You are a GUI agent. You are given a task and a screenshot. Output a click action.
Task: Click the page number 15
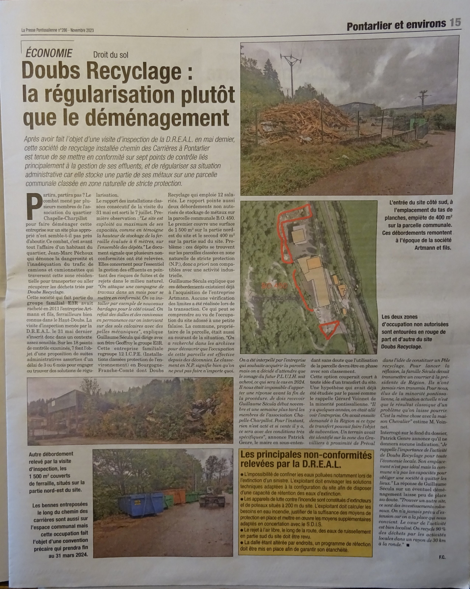click(455, 23)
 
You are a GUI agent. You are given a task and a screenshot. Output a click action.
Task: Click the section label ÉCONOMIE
click(49, 53)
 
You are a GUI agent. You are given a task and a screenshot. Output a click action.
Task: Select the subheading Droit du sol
click(111, 55)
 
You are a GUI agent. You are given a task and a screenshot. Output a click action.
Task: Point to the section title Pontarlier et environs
click(396, 24)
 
